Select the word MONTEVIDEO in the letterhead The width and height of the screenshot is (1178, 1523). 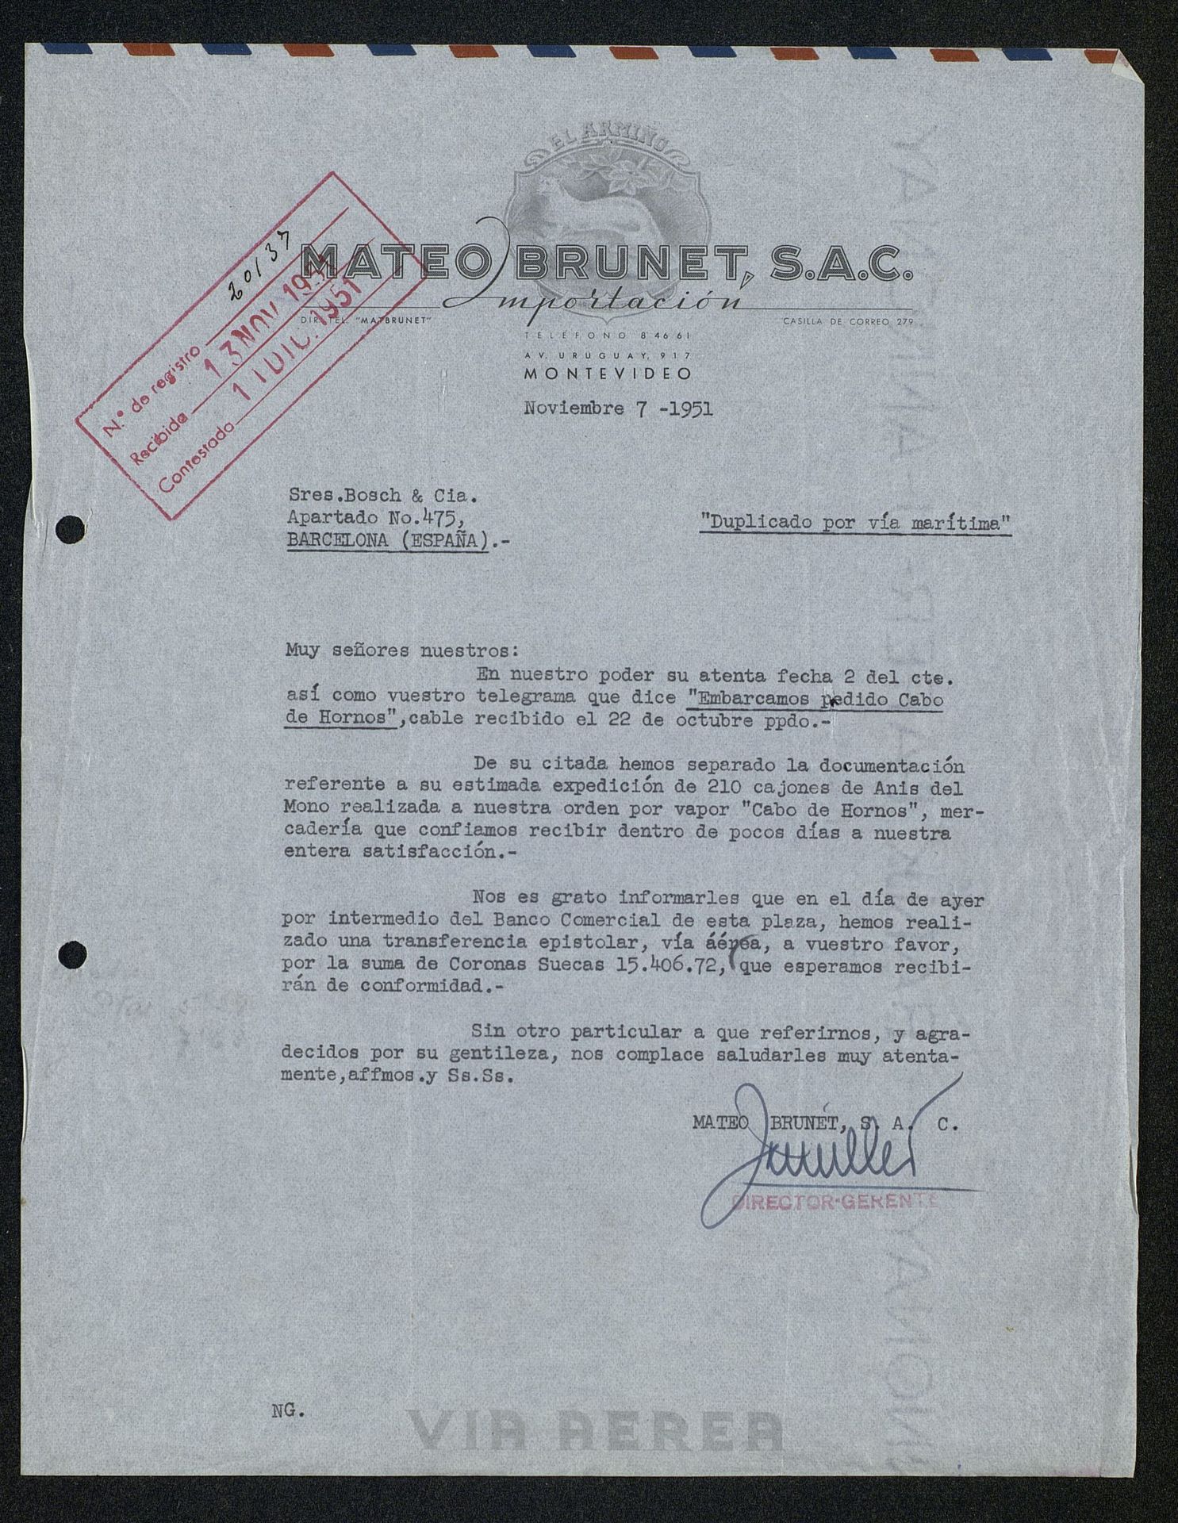point(607,373)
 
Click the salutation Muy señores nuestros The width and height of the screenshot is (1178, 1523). point(401,650)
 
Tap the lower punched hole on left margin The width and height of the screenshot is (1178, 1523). point(73,953)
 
